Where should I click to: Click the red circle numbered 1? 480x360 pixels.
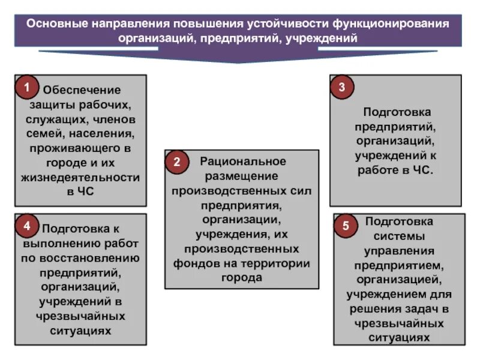[27, 88]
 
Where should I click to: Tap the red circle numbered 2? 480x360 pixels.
[177, 162]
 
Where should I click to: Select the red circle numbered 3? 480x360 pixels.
[342, 88]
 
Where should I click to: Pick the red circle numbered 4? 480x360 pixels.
[27, 226]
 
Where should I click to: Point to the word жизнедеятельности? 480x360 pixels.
[80, 178]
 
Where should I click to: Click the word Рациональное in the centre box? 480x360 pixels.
[243, 161]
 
